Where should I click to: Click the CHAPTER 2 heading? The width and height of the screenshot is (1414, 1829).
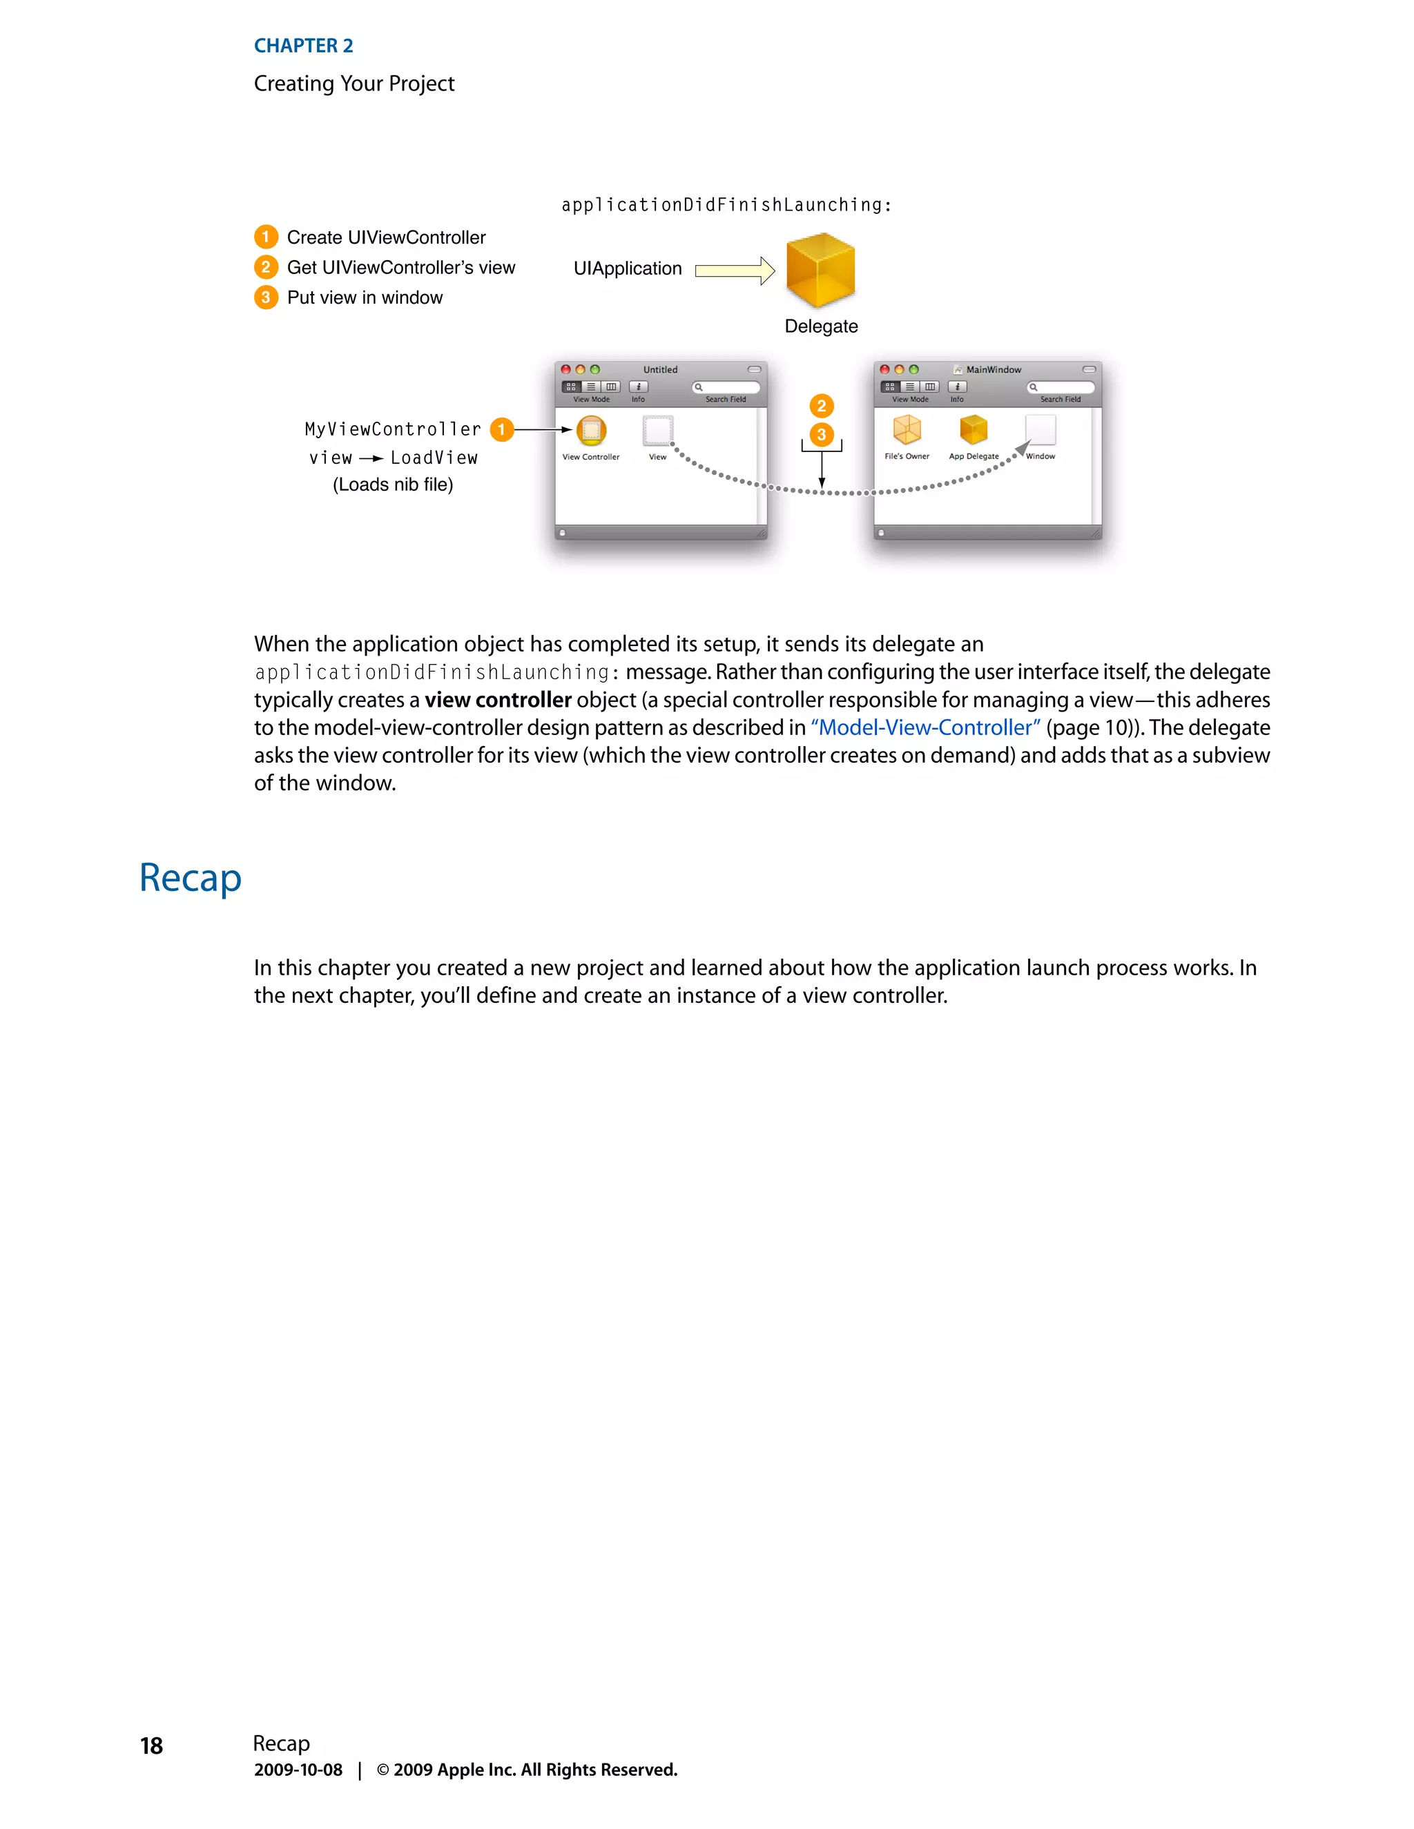pos(303,46)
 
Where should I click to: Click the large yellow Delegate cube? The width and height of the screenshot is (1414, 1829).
pos(820,270)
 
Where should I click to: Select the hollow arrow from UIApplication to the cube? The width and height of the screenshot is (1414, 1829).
pos(735,271)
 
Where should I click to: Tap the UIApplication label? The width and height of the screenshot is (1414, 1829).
pos(628,268)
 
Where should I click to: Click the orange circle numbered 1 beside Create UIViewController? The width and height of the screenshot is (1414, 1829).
pos(266,237)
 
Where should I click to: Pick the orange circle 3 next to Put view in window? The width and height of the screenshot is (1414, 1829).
pos(266,297)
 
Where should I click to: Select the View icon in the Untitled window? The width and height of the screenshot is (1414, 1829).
pos(657,431)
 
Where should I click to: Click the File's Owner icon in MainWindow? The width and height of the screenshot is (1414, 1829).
pos(907,429)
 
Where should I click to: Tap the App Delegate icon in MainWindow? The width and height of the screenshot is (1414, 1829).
pos(974,429)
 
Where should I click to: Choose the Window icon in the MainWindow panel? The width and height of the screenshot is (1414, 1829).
pos(1040,429)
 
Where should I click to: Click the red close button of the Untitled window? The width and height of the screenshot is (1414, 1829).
pos(566,369)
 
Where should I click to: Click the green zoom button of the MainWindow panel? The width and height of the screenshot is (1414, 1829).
pos(914,369)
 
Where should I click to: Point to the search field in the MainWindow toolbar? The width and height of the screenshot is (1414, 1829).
pos(1060,387)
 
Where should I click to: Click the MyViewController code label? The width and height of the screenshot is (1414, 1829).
pos(393,429)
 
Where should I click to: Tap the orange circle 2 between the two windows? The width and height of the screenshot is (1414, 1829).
pos(821,406)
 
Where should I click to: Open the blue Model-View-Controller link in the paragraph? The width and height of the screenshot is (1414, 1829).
pos(924,727)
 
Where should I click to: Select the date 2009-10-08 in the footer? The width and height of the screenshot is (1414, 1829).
pos(298,1770)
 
